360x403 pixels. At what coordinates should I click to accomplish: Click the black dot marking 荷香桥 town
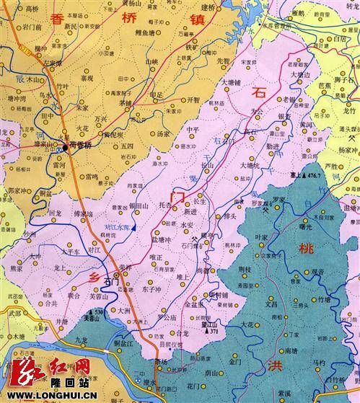click(65, 143)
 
